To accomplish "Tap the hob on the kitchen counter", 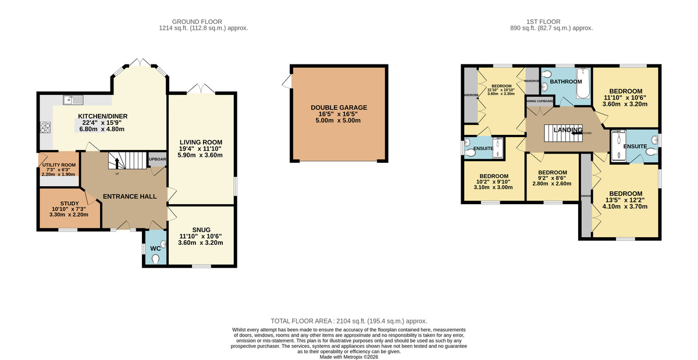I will (45, 127).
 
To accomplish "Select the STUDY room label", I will (68, 203).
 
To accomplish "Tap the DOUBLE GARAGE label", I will (339, 108).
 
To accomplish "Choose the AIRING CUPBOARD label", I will (539, 101).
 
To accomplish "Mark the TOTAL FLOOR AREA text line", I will (349, 321).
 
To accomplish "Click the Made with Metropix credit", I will (349, 357).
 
